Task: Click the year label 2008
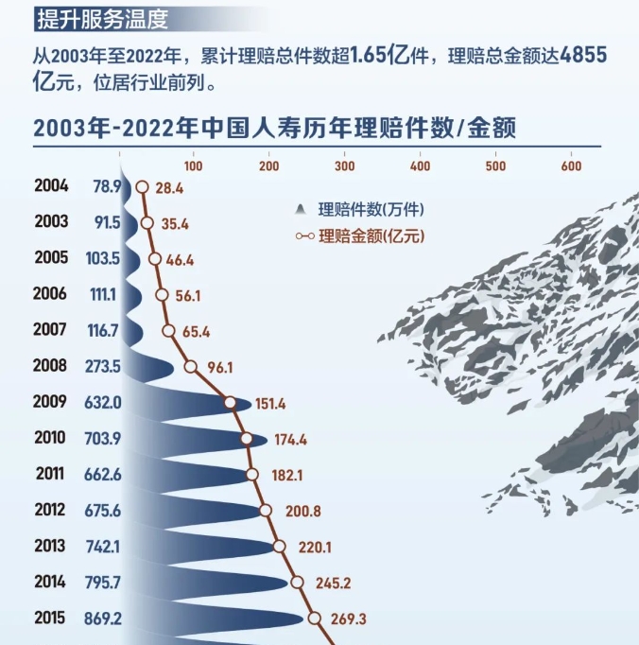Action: pos(50,366)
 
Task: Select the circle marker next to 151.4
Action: pos(230,403)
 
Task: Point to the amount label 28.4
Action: pos(170,188)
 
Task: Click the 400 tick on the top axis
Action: pos(420,166)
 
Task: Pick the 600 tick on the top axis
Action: pos(570,166)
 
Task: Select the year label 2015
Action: pos(50,618)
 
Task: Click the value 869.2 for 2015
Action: pos(103,618)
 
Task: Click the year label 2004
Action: pos(50,186)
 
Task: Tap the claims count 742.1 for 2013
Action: pos(103,547)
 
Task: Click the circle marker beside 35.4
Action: pos(147,223)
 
